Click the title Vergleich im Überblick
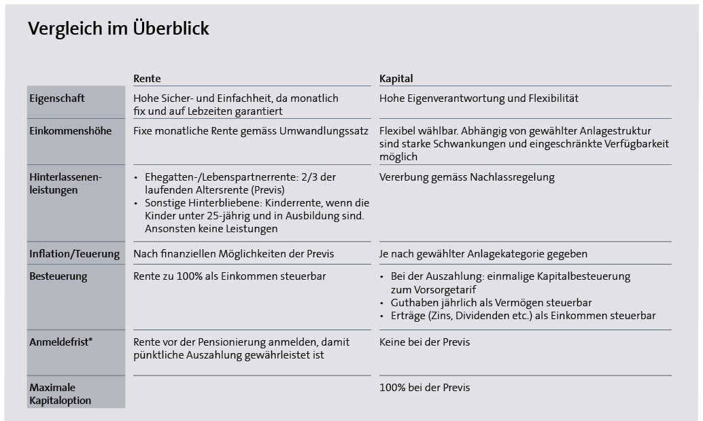point(118,29)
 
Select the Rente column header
point(147,78)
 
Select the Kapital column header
point(396,78)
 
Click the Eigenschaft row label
point(57,98)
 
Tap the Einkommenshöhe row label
point(71,130)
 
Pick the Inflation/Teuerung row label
point(74,254)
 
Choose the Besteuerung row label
point(58,277)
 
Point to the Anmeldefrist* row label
point(61,342)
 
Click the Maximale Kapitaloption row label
point(60,394)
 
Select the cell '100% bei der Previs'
point(424,388)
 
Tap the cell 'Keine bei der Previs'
point(424,342)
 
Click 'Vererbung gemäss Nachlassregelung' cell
point(466,177)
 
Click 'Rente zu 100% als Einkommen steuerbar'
point(229,277)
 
